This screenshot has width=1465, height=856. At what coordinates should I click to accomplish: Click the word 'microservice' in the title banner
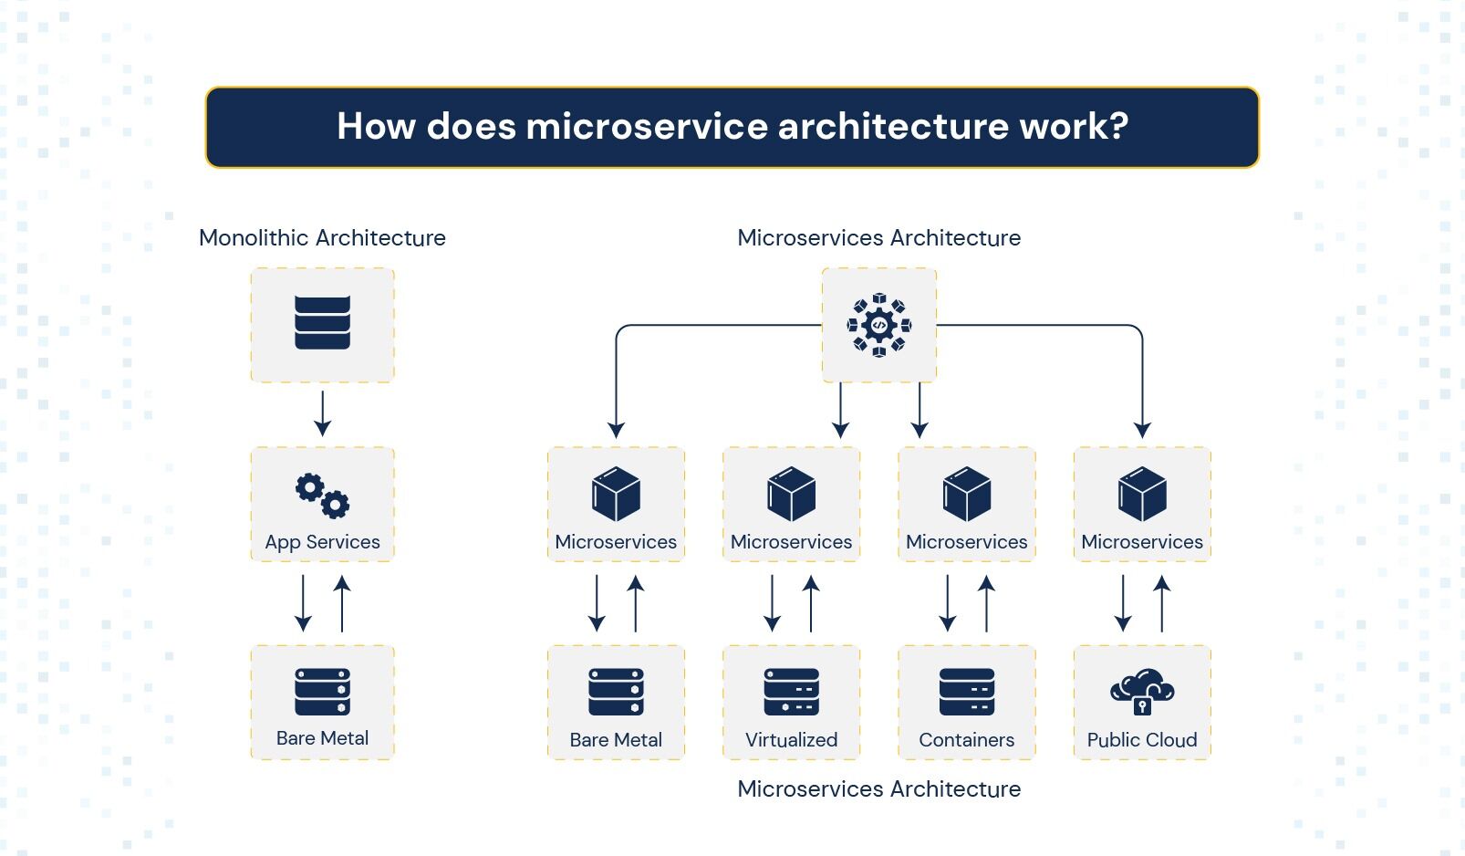(646, 126)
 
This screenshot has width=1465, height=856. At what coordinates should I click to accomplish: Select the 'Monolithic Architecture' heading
(322, 237)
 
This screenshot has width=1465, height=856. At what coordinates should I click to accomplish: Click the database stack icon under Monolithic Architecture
(322, 323)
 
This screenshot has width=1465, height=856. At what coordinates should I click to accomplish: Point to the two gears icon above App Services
(322, 496)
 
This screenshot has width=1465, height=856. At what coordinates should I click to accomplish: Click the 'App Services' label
(322, 542)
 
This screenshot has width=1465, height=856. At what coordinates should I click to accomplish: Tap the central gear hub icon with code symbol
(879, 325)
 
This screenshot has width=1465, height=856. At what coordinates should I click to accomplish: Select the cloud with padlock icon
(1142, 692)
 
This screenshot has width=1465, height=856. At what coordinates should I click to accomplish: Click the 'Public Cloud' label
(1142, 740)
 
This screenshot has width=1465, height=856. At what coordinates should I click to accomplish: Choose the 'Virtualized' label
(792, 740)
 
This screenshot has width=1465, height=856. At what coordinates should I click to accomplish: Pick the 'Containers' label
(967, 740)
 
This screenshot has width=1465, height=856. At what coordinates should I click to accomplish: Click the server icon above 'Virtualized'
(792, 692)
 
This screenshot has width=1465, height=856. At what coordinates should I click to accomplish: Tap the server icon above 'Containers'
(967, 692)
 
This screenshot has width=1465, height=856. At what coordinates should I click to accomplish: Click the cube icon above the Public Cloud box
(1142, 494)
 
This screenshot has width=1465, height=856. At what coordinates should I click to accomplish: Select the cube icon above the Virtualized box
(792, 494)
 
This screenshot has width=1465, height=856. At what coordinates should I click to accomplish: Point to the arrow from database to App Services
(322, 413)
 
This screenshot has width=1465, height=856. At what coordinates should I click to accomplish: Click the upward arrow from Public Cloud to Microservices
(1161, 603)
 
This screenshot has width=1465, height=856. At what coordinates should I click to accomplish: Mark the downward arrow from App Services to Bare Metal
(303, 603)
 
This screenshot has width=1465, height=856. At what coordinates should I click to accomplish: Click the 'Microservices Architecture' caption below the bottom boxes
(879, 789)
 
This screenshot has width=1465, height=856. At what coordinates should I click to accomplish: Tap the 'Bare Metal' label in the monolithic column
(322, 738)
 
